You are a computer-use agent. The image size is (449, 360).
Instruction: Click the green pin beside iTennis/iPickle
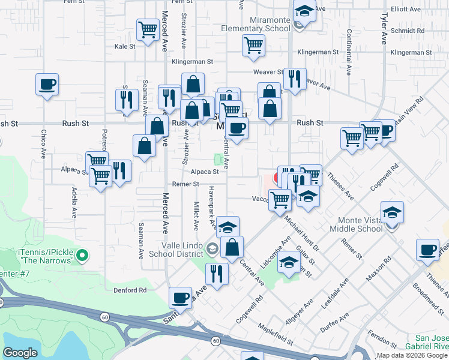[83, 257]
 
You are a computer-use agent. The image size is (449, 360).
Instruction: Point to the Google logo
[20, 353]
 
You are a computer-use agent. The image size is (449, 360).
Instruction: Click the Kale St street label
[125, 46]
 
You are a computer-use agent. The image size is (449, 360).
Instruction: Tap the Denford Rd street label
[130, 290]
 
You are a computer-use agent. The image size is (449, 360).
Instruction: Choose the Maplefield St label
[275, 335]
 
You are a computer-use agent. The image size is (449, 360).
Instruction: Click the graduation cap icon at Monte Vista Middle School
[392, 212]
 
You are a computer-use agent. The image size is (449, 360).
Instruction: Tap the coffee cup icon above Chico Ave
[47, 85]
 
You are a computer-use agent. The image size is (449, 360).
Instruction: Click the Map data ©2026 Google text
[412, 355]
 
